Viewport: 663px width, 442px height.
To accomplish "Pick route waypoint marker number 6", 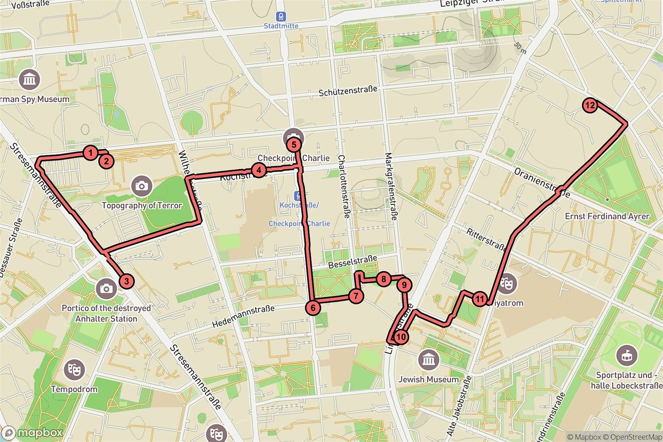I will [313, 308].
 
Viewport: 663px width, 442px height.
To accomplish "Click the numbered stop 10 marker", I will [401, 336].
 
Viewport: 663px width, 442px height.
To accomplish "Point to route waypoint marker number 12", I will [590, 105].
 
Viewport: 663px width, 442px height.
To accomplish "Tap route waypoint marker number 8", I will [383, 279].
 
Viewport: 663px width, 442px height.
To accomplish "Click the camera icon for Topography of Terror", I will [142, 186].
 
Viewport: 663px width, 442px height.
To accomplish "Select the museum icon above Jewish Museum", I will [428, 360].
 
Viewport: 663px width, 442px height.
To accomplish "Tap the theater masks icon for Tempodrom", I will [73, 369].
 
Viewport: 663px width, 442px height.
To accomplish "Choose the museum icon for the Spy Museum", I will [28, 80].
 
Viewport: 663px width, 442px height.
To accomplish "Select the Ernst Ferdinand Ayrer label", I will [607, 217].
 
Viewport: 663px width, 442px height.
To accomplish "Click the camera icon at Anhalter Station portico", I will [106, 288].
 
